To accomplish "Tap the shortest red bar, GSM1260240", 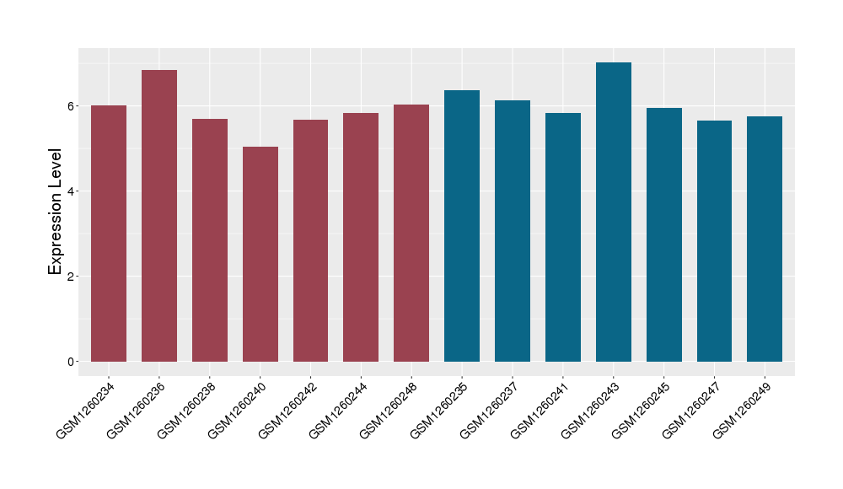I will pos(260,254).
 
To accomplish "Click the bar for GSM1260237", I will pos(513,231).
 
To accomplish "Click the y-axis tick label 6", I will pos(72,106).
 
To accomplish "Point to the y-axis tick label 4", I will pos(72,191).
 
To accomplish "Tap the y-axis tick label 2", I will pos(72,277).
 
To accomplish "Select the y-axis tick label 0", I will pos(72,362).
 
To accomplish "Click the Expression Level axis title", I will pos(56,212).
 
